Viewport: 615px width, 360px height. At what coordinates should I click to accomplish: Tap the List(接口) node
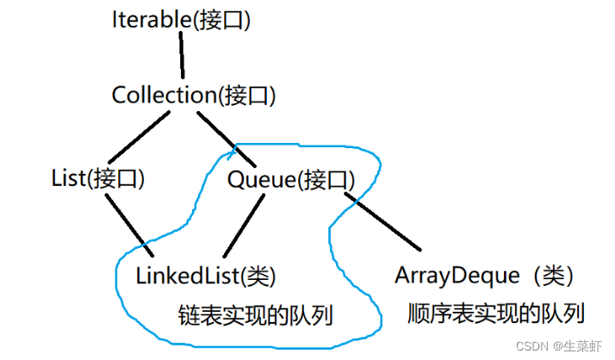(x=97, y=178)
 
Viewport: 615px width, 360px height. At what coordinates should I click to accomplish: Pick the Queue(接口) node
(x=291, y=179)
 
